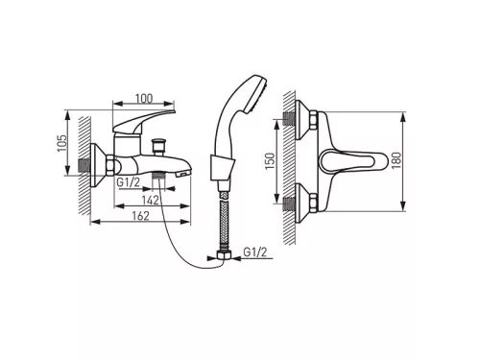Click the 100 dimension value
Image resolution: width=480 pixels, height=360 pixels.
(x=144, y=99)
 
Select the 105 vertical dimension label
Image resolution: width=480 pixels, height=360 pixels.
(x=61, y=143)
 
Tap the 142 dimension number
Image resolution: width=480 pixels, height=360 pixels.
(x=151, y=200)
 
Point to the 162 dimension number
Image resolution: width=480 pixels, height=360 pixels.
(x=141, y=216)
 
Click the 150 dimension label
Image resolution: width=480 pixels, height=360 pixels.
(x=270, y=161)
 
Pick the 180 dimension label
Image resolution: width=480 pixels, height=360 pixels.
(x=396, y=160)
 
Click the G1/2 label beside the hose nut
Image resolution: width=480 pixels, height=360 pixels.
(x=255, y=252)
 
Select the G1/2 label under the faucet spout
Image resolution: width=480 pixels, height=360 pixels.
(x=128, y=182)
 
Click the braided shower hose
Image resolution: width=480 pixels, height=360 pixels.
(x=224, y=221)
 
